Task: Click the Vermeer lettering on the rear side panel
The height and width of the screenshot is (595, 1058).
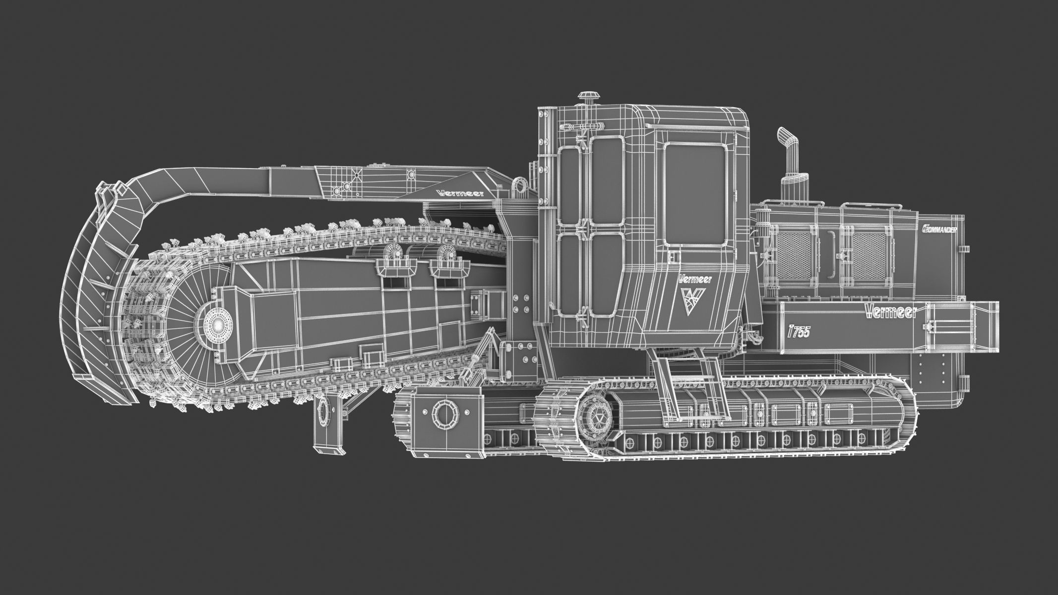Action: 889,311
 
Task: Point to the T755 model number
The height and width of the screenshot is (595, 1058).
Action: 799,332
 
